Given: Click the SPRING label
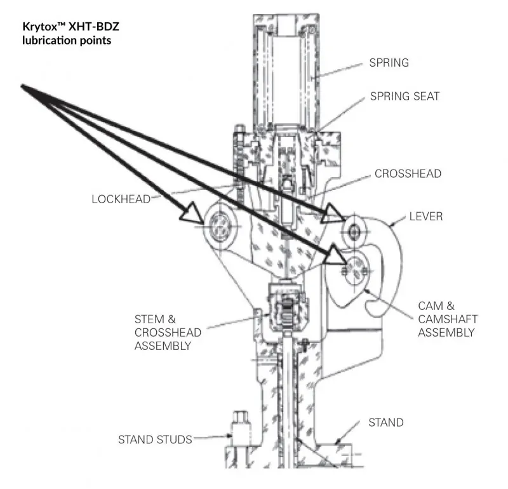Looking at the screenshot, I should tap(389, 63).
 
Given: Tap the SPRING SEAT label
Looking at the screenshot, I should tap(404, 97).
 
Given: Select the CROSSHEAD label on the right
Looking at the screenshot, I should tap(408, 173).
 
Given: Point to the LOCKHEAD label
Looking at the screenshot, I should tap(121, 199).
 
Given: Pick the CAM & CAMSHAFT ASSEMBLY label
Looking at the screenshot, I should tap(447, 319).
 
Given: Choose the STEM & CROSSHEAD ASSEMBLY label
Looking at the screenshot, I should tap(168, 332).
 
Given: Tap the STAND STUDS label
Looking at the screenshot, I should tap(155, 439).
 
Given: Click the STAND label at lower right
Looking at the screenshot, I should tap(386, 422).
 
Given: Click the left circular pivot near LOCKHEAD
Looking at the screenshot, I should tap(220, 225).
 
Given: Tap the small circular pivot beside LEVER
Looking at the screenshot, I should tap(354, 227).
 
